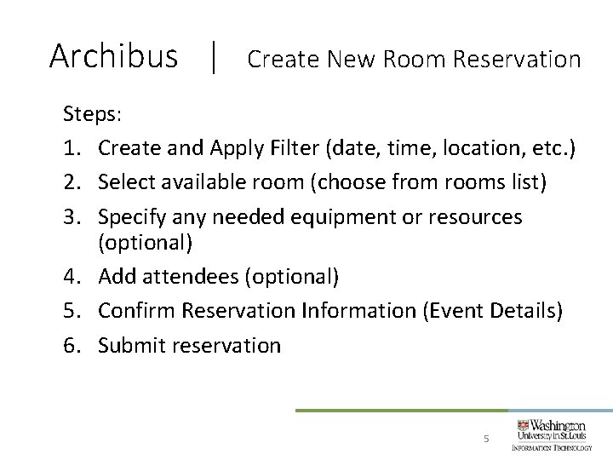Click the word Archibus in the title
pos(113,56)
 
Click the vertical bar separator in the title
pos(213,58)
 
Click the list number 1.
pos(72,148)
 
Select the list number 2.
pos(72,182)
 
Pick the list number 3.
pos(72,216)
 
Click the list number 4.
pos(72,276)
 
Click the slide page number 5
pos(485,439)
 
